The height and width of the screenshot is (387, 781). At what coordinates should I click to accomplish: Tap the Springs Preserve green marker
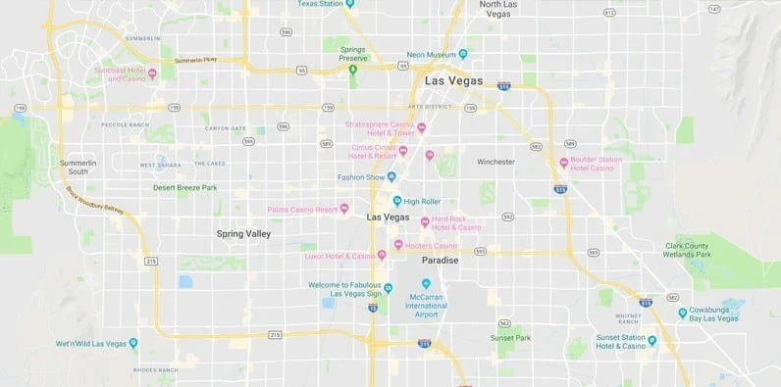tap(352, 69)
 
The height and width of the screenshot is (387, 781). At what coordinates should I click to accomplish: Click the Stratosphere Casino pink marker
tap(422, 127)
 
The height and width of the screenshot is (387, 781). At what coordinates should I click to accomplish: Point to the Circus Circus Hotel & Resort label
tap(373, 152)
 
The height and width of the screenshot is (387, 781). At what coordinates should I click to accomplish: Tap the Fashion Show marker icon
tap(391, 177)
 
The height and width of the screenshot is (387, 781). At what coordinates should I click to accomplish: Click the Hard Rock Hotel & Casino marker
tap(424, 221)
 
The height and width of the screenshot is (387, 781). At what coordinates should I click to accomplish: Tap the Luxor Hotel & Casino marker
tap(382, 256)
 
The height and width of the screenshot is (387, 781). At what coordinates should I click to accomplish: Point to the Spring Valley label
tap(243, 234)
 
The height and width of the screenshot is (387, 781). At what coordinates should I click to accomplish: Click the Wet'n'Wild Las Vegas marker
tap(133, 343)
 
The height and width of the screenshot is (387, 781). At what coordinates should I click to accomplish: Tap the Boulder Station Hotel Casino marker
tap(563, 163)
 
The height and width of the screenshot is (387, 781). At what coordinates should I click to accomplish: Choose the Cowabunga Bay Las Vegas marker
tap(682, 314)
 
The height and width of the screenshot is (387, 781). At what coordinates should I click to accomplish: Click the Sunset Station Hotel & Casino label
tap(620, 342)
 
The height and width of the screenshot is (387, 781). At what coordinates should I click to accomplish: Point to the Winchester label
tap(495, 161)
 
